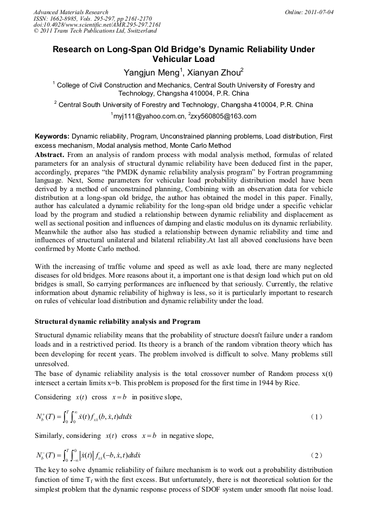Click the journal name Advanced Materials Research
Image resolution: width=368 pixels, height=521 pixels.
pyautogui.click(x=71, y=12)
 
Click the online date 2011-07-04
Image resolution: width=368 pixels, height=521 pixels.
pyautogui.click(x=317, y=12)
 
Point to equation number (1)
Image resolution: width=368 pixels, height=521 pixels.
pyautogui.click(x=317, y=417)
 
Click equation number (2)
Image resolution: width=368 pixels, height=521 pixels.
pyautogui.click(x=317, y=454)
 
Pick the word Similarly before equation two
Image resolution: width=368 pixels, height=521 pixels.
pyautogui.click(x=50, y=436)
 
